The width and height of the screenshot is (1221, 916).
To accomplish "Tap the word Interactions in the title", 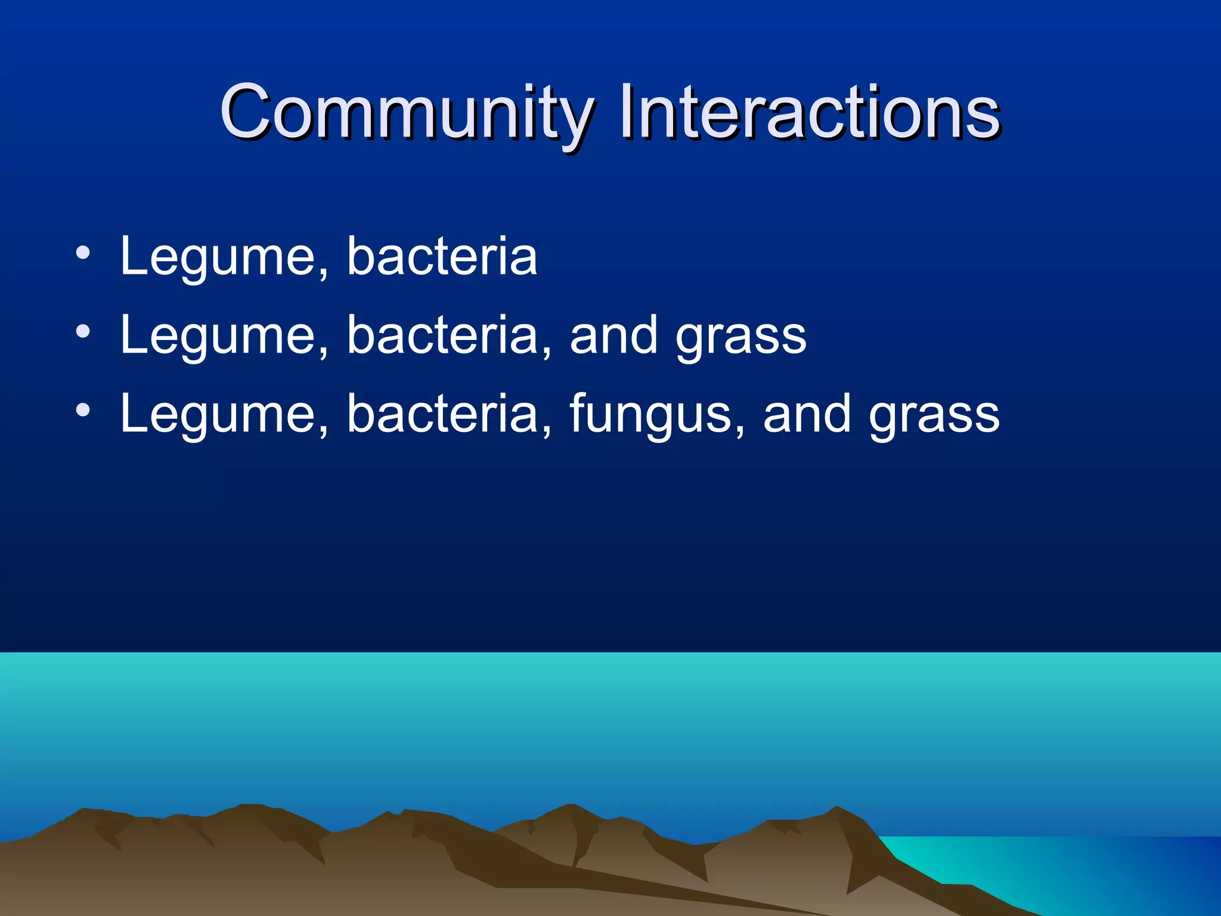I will (x=809, y=112).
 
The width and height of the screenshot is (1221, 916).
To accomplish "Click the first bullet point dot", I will (x=83, y=253).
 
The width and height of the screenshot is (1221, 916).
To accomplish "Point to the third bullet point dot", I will (x=83, y=410).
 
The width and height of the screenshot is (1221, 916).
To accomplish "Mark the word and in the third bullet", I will (x=806, y=414).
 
